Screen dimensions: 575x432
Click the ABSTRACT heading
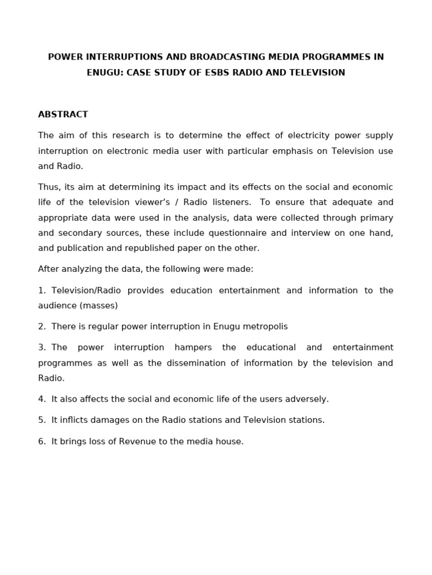coord(63,115)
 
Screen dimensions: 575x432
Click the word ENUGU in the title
coord(103,72)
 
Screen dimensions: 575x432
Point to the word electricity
coord(309,135)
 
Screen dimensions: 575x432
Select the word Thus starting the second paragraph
coord(49,187)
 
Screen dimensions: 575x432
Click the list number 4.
coord(42,399)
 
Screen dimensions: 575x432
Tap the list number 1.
coord(42,290)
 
